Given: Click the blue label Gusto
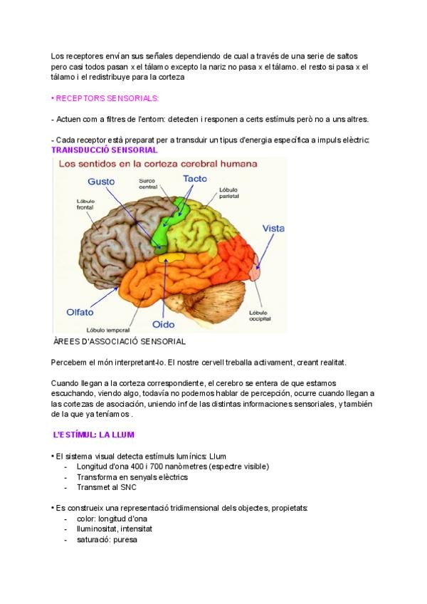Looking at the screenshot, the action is [101, 182].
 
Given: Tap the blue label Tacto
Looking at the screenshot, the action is [194, 179].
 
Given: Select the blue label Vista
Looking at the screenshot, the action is [273, 229].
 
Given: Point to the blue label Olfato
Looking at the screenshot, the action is [80, 311].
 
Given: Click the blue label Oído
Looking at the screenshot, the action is [163, 325].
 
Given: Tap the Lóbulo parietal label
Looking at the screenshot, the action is [229, 192].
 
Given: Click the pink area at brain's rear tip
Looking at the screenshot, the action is [256, 271].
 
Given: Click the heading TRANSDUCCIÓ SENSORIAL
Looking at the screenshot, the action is [105, 150].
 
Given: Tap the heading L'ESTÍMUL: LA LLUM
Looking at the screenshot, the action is [94, 434].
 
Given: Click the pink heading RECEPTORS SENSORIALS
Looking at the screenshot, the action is [106, 98].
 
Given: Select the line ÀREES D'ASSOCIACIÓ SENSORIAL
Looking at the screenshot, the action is [120, 342].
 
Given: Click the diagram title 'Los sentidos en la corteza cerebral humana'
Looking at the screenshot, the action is [157, 164].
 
